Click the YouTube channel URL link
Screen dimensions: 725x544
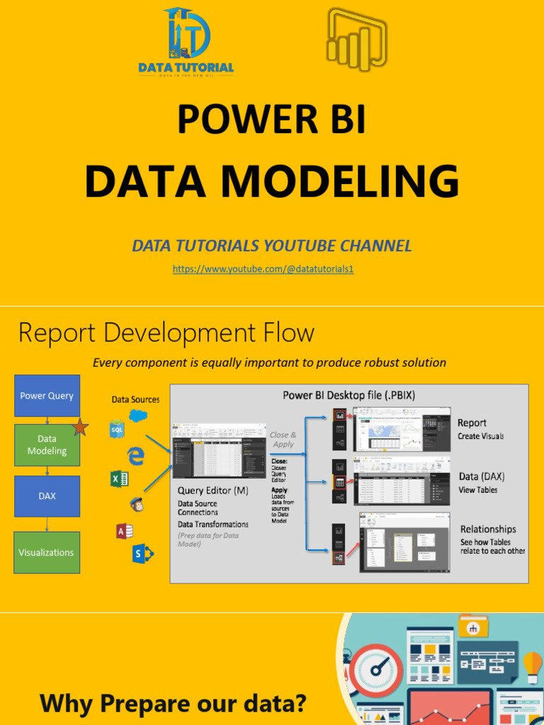263,270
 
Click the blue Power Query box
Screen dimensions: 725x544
47,396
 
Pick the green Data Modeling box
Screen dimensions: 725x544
47,445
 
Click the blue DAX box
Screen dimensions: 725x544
47,496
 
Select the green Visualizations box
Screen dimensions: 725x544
47,552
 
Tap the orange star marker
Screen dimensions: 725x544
80,428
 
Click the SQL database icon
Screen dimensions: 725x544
118,429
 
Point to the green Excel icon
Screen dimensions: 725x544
119,479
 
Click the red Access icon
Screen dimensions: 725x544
125,531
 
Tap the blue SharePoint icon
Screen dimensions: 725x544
141,554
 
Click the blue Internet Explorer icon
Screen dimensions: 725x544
136,456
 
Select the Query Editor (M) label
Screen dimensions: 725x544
212,490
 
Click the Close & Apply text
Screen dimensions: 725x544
283,440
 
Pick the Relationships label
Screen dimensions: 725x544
488,529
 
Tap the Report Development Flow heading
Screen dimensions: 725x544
166,333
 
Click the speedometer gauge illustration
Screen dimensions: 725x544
377,670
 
